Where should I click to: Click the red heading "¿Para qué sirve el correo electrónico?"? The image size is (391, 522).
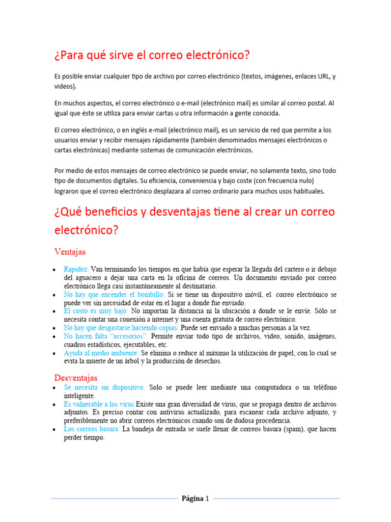coord(152,55)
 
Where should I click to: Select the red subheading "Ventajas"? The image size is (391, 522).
coord(70,252)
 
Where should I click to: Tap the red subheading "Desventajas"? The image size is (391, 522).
coord(76,378)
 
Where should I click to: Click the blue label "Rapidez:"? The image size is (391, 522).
coord(76,269)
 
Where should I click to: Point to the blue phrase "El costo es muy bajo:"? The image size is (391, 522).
coord(96,310)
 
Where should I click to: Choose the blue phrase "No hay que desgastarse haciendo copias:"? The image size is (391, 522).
coord(121,328)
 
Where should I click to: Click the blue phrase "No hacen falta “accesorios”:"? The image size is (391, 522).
coord(105,336)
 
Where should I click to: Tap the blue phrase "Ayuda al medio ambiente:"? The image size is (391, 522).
coord(101,353)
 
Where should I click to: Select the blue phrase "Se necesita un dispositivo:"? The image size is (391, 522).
coord(104,387)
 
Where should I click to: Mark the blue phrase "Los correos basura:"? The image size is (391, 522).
coord(92,429)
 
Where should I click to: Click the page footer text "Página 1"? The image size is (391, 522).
coord(195,499)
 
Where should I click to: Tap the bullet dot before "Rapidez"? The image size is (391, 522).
coord(54,270)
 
